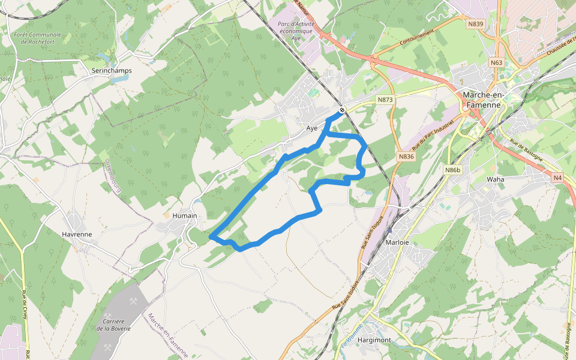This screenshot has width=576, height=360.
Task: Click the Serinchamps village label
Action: click(x=112, y=70)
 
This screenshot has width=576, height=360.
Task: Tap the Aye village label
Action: click(x=311, y=128)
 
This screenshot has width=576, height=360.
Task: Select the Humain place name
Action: click(x=185, y=215)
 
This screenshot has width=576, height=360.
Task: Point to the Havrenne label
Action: click(x=77, y=234)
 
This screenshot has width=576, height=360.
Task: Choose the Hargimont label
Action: click(x=374, y=340)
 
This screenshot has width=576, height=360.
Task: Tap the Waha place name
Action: click(x=496, y=179)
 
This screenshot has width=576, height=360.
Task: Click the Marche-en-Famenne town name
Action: click(x=490, y=100)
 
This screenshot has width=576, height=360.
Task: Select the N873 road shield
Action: click(x=385, y=99)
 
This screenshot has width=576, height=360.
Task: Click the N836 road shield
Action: click(x=406, y=157)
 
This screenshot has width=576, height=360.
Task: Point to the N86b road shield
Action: click(x=452, y=170)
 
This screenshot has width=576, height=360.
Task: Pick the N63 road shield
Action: click(x=496, y=62)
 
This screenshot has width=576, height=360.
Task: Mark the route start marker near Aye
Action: click(x=341, y=110)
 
